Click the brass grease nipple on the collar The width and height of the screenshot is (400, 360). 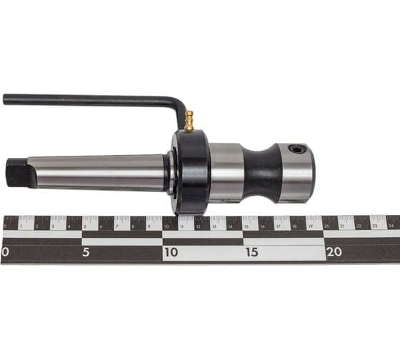click(189, 121)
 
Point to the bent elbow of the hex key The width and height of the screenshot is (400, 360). click(179, 104)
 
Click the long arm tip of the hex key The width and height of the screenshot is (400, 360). click(5, 99)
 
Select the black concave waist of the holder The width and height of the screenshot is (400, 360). click(260, 173)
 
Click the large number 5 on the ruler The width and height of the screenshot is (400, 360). click(86, 252)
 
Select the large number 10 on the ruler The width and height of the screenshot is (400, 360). click(171, 252)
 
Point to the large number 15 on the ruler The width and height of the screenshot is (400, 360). click(251, 252)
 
